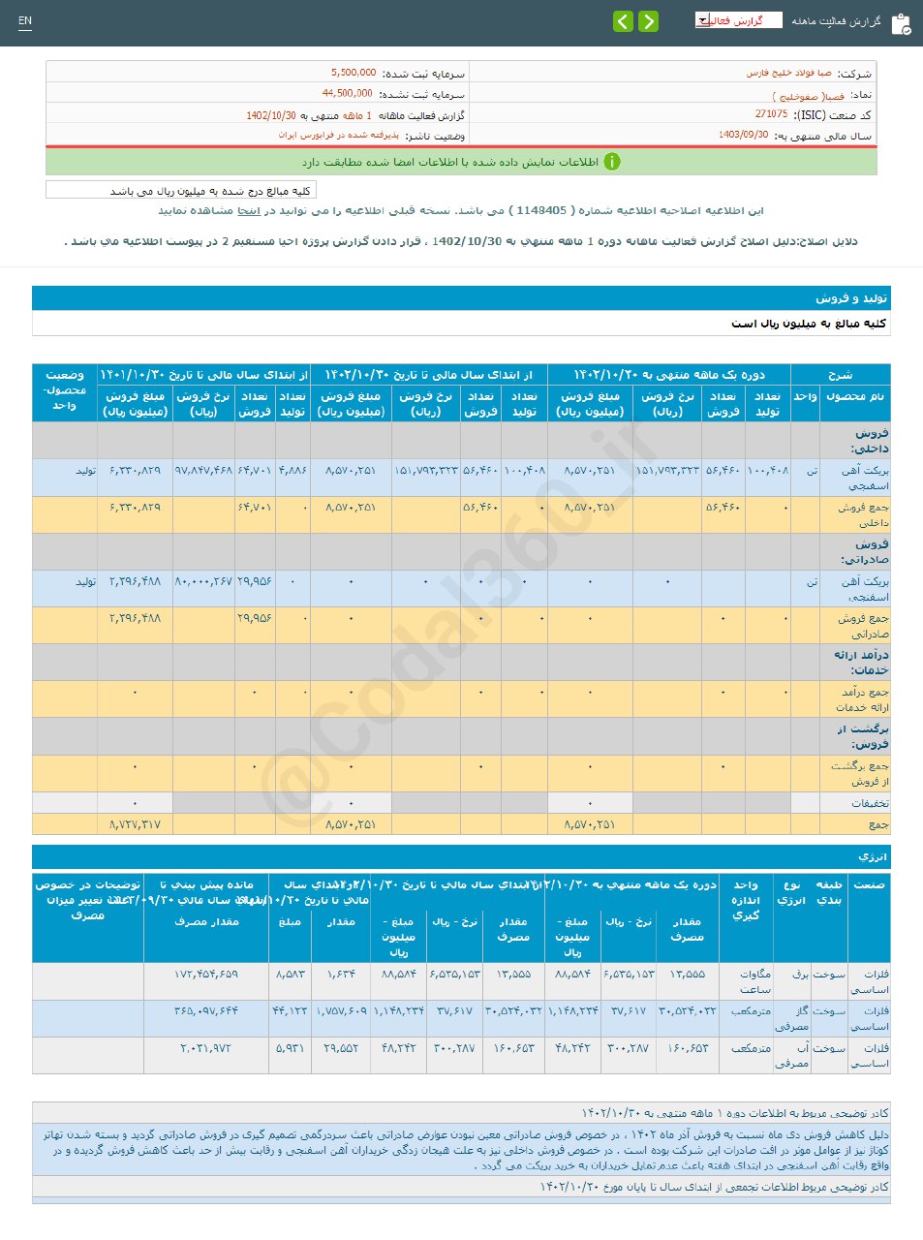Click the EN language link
[x=25, y=21]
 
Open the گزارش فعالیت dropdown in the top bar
[x=738, y=20]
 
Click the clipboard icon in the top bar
[x=901, y=23]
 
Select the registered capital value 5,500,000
[x=354, y=73]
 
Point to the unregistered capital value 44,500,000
[x=347, y=94]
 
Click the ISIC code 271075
[x=771, y=114]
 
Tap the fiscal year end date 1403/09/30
[x=743, y=136]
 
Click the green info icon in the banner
[x=611, y=162]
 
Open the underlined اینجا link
[x=249, y=210]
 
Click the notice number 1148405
[x=541, y=210]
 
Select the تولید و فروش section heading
[x=851, y=298]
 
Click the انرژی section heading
[x=872, y=857]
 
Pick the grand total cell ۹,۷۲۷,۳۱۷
[x=135, y=825]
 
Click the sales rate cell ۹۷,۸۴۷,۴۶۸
[x=203, y=471]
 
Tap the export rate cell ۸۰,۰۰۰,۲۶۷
[x=203, y=582]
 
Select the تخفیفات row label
[x=870, y=804]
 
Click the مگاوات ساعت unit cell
[x=754, y=981]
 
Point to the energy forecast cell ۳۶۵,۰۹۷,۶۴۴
[x=205, y=1011]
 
